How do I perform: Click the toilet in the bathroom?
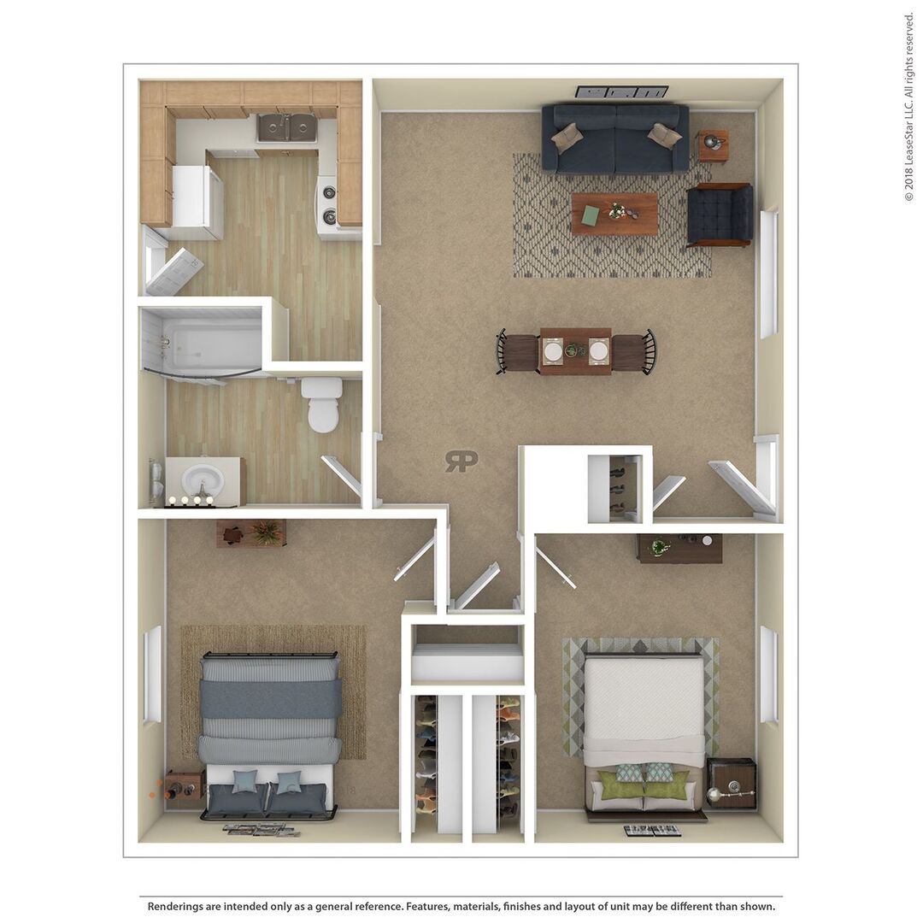coord(322,405)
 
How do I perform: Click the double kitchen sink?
coord(286,126)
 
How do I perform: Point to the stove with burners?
coord(327,204)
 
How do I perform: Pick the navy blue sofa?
coord(615,138)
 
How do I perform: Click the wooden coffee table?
coord(614,214)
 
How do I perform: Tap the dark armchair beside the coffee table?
coord(720,215)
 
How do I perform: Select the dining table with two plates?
coord(575,351)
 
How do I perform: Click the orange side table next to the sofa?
coord(714,144)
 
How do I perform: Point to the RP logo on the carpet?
coord(461,461)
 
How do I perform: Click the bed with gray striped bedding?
coord(269,736)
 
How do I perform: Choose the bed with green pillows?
coord(644,733)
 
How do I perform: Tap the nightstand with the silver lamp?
coord(732,784)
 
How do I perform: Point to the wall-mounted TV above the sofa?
coord(621,92)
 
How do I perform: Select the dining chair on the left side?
coord(517,351)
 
